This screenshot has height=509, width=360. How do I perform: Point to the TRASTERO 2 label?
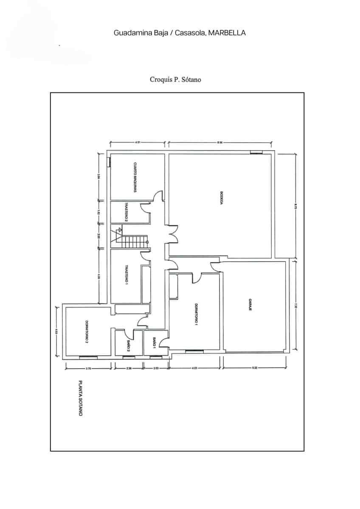(126, 212)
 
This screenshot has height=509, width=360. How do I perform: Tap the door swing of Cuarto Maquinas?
(158, 196)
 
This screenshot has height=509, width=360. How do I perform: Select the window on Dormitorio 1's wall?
(194, 351)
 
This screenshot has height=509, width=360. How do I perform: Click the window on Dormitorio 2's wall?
(89, 358)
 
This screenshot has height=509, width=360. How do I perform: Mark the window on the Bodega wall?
(256, 152)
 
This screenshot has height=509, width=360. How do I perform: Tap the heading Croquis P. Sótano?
(175, 79)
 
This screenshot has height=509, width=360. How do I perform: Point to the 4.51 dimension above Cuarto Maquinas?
(138, 143)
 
